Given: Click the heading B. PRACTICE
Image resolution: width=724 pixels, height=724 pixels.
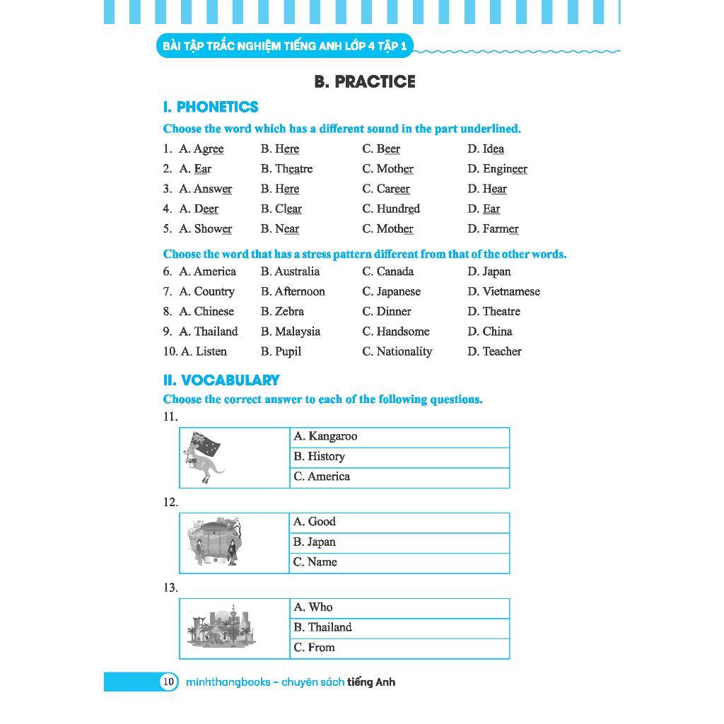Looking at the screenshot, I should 364,82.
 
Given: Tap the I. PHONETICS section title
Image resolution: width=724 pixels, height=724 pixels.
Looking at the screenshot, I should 211,107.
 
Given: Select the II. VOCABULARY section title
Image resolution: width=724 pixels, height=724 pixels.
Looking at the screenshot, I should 221,380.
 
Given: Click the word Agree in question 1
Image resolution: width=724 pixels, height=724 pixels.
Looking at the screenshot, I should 209,149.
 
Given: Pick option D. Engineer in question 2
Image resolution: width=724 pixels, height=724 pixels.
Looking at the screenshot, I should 497,169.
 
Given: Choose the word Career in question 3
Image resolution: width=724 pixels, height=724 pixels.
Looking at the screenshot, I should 393,189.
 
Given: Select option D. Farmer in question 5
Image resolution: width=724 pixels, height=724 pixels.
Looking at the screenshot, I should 493,229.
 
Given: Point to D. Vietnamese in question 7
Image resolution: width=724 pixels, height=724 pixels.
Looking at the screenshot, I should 503,292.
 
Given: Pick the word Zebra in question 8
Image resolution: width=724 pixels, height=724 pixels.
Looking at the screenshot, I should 289,312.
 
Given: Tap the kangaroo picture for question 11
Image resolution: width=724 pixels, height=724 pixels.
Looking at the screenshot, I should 204,457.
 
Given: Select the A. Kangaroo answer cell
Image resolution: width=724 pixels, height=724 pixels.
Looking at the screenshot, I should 399,437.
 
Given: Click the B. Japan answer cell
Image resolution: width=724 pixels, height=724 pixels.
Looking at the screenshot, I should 399,542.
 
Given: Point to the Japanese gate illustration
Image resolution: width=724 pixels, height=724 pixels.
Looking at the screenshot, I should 214,542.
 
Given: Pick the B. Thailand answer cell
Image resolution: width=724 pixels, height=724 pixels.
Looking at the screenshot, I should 399,628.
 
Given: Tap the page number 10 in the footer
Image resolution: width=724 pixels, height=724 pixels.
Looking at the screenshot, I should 168,682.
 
